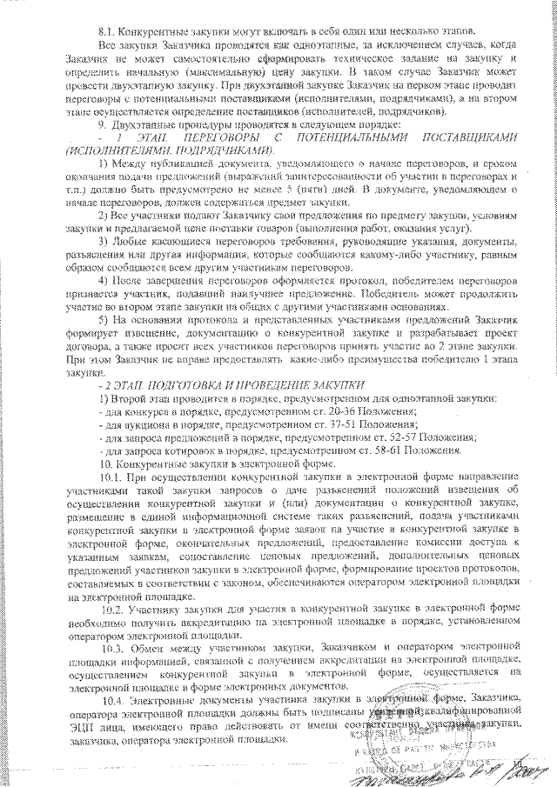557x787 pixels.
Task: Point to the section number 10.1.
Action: coord(114,477)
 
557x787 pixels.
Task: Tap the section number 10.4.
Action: coord(114,699)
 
